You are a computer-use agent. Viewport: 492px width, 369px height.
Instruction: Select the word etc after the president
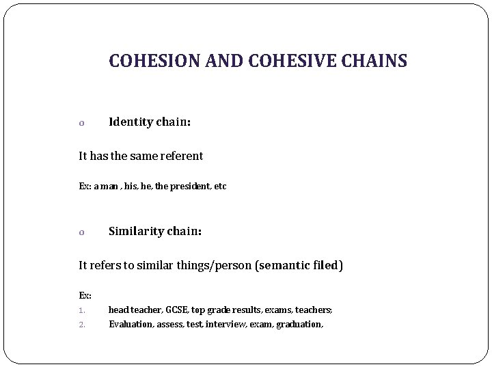coord(219,186)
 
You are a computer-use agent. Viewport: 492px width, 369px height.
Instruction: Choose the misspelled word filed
coord(326,264)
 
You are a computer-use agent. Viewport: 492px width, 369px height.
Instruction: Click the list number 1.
coord(81,310)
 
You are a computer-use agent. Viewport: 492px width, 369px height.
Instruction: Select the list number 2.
coord(81,325)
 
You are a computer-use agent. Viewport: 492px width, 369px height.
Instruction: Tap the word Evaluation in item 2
coord(131,324)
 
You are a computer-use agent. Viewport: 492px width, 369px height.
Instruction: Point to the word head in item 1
coord(117,310)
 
